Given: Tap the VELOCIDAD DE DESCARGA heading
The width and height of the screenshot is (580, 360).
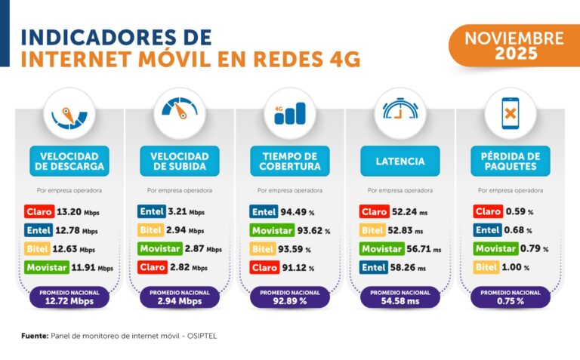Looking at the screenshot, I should (x=68, y=161).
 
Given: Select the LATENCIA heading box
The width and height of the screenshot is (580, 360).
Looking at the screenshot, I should (x=400, y=161).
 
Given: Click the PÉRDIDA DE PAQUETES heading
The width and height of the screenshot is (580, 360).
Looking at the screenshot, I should (x=511, y=161).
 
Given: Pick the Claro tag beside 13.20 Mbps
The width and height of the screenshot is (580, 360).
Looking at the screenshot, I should (x=38, y=212).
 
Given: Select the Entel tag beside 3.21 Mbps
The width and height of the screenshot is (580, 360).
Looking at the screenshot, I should (x=149, y=212).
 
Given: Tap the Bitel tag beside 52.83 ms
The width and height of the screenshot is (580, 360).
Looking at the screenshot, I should (x=373, y=230).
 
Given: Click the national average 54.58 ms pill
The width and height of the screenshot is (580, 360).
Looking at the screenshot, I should (x=400, y=297).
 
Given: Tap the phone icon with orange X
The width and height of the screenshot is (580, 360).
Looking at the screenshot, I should (x=511, y=112).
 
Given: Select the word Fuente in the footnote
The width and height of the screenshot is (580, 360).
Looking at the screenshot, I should (x=35, y=335).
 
